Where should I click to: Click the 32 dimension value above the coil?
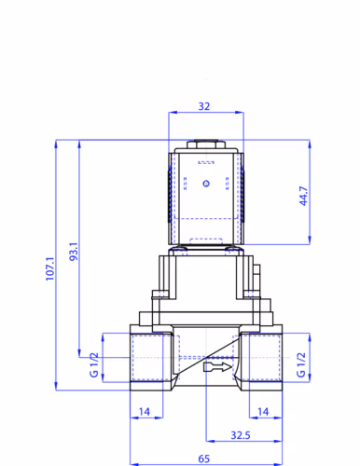(204, 106)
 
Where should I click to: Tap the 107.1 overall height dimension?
(50, 268)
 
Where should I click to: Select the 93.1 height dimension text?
(74, 252)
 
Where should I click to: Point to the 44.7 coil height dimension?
(303, 196)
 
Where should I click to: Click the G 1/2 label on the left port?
(94, 364)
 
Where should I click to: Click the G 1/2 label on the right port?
(301, 364)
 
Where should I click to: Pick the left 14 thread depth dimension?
(145, 412)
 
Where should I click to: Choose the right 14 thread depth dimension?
(263, 412)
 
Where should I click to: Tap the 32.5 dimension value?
(241, 435)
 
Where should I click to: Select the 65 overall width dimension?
(204, 459)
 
